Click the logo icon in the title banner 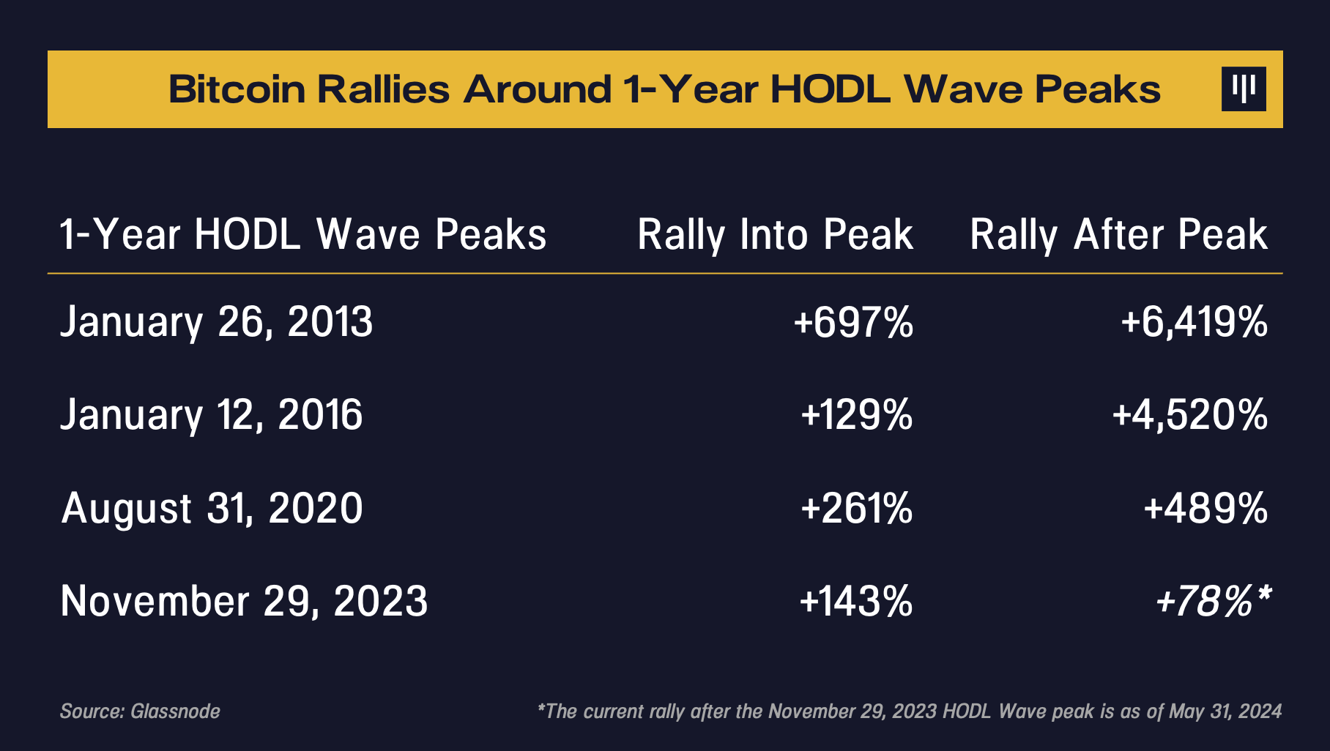click(1244, 89)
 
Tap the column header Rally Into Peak click(775, 235)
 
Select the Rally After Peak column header click(1118, 235)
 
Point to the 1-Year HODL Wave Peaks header click(302, 235)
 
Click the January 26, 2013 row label click(216, 322)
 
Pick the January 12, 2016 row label click(211, 415)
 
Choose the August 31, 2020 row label click(212, 508)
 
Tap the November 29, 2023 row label click(244, 601)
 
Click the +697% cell click(853, 322)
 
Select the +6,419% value click(1194, 322)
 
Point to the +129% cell click(857, 415)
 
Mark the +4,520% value click(1189, 415)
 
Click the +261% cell click(857, 508)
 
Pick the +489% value click(1205, 508)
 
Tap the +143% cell click(856, 601)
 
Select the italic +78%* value click(1212, 601)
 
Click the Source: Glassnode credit click(140, 711)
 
